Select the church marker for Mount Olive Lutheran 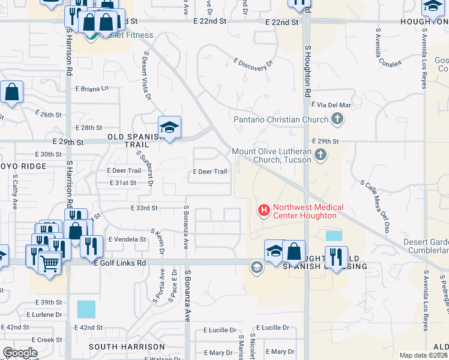tap(321, 155)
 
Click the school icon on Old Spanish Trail tap(170, 128)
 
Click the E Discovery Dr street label tap(253, 65)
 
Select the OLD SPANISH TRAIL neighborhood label tap(136, 137)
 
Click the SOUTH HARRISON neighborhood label tap(127, 347)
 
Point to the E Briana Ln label tap(92, 88)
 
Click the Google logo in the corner tap(20, 352)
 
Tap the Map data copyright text tap(424, 355)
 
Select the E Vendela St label tap(127, 239)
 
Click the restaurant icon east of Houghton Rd tap(336, 257)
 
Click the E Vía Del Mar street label tap(331, 105)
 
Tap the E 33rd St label tap(143, 208)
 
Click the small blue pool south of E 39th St tap(86, 310)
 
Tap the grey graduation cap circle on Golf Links tap(257, 268)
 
